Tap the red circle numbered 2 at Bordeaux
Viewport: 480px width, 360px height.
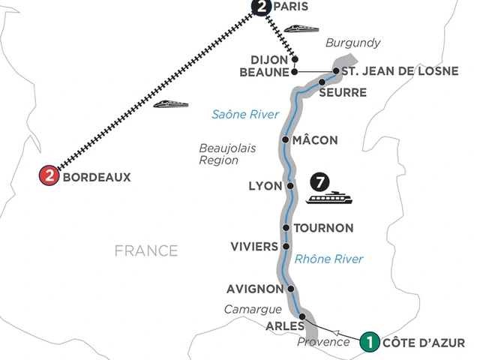[x=49, y=177]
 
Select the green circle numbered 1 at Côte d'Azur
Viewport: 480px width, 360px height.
[x=369, y=342]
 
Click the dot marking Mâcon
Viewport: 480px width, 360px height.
[x=286, y=139]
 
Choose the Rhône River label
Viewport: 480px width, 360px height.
[x=329, y=259]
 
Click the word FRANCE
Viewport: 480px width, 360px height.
[x=146, y=250]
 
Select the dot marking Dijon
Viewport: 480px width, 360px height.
[x=295, y=58]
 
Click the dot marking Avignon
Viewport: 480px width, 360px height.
[x=290, y=288]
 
